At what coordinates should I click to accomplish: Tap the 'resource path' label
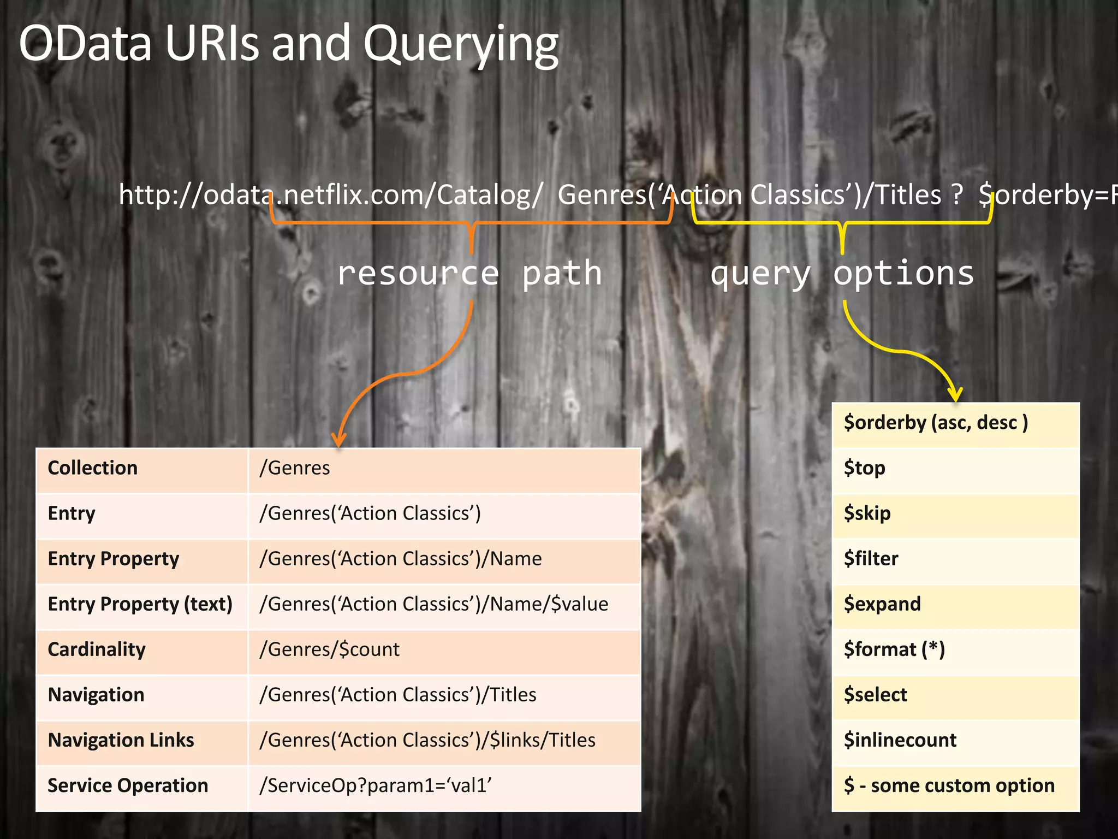[469, 273]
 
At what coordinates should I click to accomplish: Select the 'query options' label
[842, 273]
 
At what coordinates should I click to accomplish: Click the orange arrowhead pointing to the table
[339, 439]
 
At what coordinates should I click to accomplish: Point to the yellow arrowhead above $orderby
[955, 393]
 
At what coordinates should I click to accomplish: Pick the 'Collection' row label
[93, 468]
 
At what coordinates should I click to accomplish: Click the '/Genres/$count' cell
[330, 649]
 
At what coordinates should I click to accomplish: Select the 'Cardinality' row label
[97, 649]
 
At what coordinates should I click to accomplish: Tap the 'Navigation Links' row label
[121, 740]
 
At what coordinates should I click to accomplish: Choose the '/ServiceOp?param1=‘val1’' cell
[376, 785]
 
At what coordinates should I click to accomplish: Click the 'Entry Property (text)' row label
[140, 604]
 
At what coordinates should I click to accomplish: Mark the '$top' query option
[865, 468]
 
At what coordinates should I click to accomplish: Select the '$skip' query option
[867, 513]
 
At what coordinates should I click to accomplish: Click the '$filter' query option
[871, 559]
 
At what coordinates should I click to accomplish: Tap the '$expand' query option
[882, 604]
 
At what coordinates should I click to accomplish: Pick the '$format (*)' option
[894, 649]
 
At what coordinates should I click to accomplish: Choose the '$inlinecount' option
[900, 740]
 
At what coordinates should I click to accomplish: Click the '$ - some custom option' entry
[949, 785]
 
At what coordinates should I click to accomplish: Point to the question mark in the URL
[957, 196]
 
